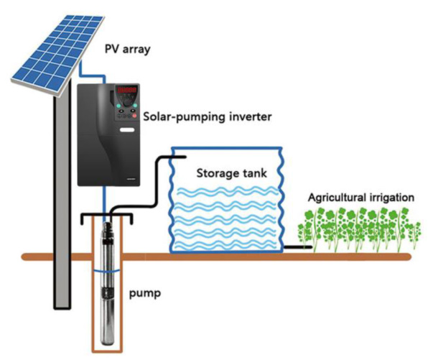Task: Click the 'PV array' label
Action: tap(128, 50)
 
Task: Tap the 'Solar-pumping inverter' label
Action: tap(208, 117)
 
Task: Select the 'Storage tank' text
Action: tap(231, 173)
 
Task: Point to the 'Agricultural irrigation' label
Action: tap(360, 197)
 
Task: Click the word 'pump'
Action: tap(144, 294)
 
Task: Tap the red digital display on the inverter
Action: tap(126, 90)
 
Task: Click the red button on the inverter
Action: tap(134, 116)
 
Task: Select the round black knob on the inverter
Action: tap(126, 102)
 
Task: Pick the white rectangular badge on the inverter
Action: tap(128, 130)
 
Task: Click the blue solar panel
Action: tap(57, 55)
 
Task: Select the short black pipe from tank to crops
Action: tap(298, 247)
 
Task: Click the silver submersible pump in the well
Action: tap(107, 282)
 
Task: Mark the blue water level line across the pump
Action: tap(106, 272)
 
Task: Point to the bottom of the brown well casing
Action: tap(107, 351)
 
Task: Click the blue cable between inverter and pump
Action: tap(104, 204)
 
